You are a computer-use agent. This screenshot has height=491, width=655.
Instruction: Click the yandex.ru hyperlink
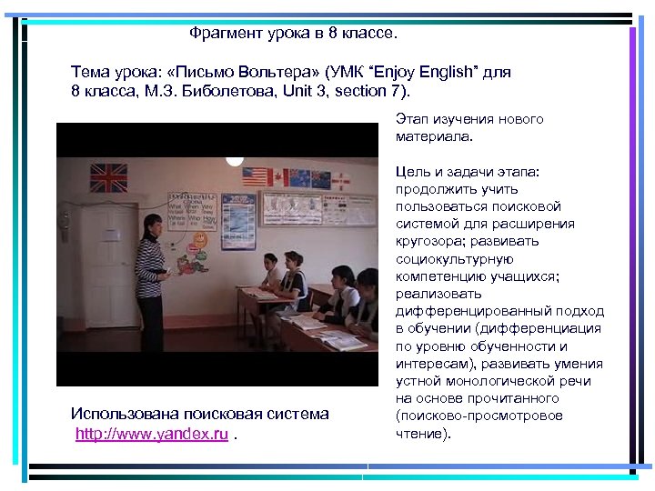click(152, 435)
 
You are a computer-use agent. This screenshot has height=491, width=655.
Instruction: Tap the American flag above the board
click(254, 176)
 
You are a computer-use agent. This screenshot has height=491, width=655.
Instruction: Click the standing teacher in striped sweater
click(151, 264)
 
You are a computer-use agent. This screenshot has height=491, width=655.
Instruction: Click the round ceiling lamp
click(235, 158)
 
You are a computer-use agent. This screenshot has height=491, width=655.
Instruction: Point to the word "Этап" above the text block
click(411, 119)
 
